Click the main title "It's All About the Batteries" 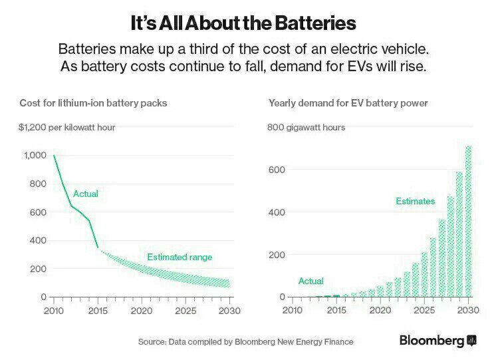(x=243, y=23)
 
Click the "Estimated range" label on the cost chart (x=180, y=257)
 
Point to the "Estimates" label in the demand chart (x=415, y=201)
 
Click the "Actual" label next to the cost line (x=86, y=194)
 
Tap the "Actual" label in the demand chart (x=311, y=281)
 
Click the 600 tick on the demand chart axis (x=277, y=170)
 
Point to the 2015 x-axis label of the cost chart (x=97, y=311)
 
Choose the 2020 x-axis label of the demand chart (x=380, y=311)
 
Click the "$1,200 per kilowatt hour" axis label (x=67, y=127)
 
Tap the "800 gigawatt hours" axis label (x=306, y=127)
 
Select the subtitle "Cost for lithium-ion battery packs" (x=93, y=103)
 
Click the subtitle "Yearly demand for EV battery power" (x=348, y=103)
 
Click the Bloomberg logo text (x=431, y=341)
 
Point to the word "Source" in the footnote (x=152, y=341)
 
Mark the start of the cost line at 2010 (x=53, y=156)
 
